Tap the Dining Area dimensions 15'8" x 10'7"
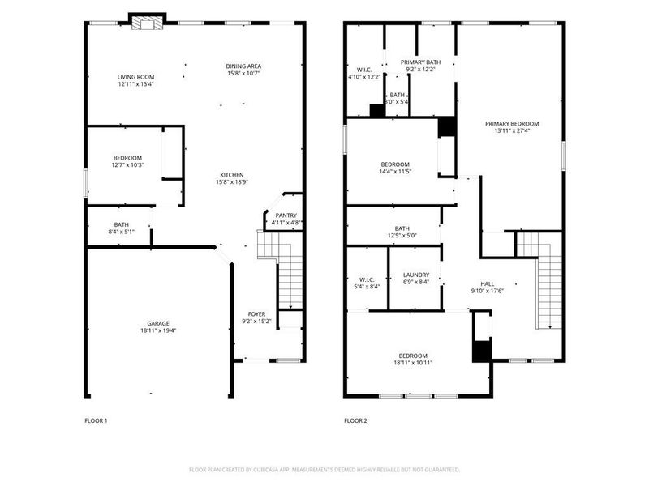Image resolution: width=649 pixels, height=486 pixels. [243, 74]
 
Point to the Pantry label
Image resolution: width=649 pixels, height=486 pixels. [285, 215]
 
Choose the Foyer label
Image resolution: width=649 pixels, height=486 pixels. [256, 313]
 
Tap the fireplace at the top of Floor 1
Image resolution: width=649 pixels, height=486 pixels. [147, 23]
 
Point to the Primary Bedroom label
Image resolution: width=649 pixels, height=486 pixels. [512, 124]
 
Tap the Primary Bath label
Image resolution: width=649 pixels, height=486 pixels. [420, 62]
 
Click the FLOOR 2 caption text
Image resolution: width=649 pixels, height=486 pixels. [355, 420]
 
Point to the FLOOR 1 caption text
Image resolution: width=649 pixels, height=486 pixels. [96, 420]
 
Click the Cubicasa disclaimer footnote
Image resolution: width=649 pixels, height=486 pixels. [324, 469]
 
